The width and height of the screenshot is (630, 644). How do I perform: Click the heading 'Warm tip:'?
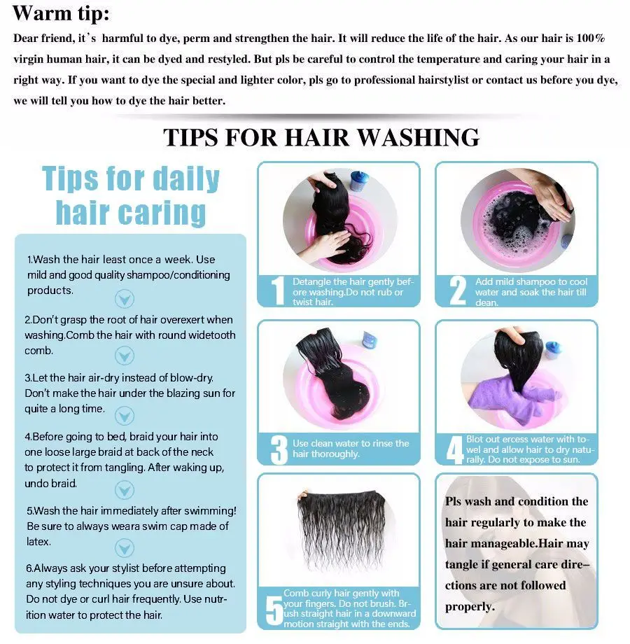(x=61, y=13)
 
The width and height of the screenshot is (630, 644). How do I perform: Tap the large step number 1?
(x=278, y=290)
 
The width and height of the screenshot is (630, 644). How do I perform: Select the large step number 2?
(x=458, y=290)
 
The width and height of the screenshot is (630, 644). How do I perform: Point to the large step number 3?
(x=279, y=449)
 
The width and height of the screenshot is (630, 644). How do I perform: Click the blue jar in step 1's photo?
(x=360, y=181)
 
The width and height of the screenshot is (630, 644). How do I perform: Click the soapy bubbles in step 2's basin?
(x=510, y=224)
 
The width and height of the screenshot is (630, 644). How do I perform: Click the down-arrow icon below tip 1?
(x=125, y=299)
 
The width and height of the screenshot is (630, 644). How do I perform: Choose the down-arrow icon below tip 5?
(x=125, y=548)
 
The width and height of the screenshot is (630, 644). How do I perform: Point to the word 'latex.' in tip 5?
(x=39, y=541)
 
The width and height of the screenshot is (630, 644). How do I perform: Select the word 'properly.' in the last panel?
(x=470, y=607)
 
